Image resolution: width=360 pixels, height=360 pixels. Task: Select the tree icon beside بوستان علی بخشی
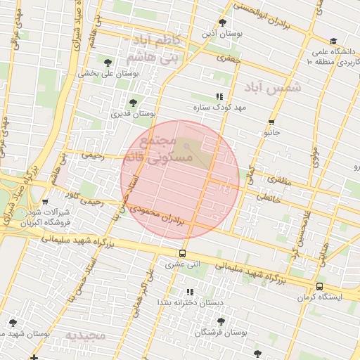108,63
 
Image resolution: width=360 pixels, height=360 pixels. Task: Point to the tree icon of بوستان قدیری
133,103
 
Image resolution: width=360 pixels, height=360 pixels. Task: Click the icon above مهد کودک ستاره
219,97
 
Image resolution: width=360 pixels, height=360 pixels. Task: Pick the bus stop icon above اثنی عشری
183,254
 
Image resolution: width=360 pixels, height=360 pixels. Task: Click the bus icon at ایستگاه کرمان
320,286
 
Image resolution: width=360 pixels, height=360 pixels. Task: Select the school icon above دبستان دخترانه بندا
189,292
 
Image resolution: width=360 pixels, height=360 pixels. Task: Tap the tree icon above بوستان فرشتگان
221,321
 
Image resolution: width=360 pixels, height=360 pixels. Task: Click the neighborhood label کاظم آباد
157,41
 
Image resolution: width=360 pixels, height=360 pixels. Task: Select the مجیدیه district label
85,335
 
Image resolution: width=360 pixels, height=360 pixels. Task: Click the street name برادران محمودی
163,214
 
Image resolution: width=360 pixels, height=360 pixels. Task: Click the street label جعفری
229,60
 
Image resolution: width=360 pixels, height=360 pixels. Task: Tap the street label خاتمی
268,199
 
